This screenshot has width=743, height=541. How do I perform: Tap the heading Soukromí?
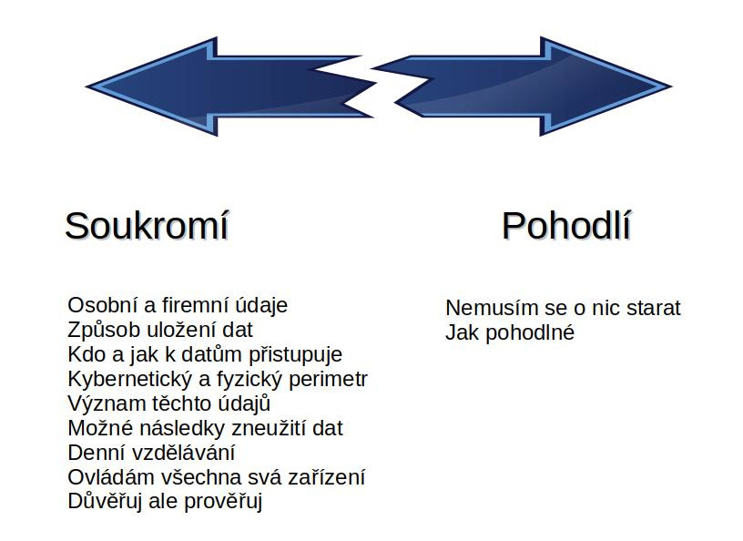tap(147, 226)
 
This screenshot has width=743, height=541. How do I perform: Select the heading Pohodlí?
tap(566, 225)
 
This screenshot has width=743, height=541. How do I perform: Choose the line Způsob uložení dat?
tap(160, 330)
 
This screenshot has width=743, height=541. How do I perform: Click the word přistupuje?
tap(296, 354)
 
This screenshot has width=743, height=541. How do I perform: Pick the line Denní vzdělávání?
tap(151, 454)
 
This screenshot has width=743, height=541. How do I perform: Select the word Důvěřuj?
tap(105, 502)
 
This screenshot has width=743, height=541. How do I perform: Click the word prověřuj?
tap(223, 502)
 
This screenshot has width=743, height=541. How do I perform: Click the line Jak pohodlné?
tap(510, 332)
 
